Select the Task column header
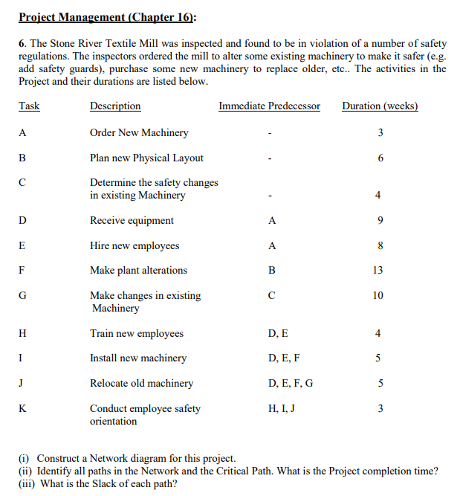pyautogui.click(x=29, y=106)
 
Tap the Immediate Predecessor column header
pyautogui.click(x=269, y=106)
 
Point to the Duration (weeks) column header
pyautogui.click(x=380, y=106)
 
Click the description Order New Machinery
pyautogui.click(x=139, y=133)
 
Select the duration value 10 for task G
pyautogui.click(x=378, y=296)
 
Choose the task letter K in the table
pyautogui.click(x=23, y=408)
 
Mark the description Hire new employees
pyautogui.click(x=135, y=246)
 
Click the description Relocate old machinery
pyautogui.click(x=141, y=384)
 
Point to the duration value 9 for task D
pyautogui.click(x=379, y=221)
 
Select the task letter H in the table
pyautogui.click(x=23, y=334)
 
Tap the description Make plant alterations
pyautogui.click(x=138, y=271)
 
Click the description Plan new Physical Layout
pyautogui.click(x=146, y=158)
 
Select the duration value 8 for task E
pyautogui.click(x=379, y=246)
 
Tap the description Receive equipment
pyautogui.click(x=132, y=221)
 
